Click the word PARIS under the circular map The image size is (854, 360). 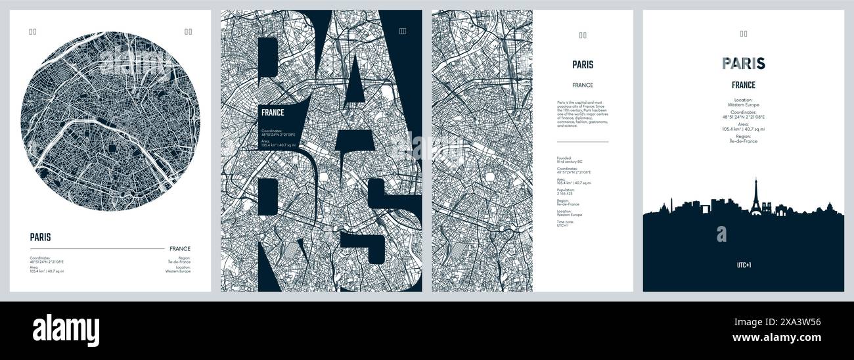pos(40,238)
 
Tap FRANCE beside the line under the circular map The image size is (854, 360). pos(179,249)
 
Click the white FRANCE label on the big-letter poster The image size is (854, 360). pos(273,112)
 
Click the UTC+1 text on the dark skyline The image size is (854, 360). pos(743,265)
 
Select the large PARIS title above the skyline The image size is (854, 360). pos(743,64)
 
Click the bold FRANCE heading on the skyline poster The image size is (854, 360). pos(743,85)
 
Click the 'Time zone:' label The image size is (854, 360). pos(566,221)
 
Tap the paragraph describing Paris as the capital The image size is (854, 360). pos(582,113)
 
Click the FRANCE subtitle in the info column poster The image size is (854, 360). pos(582,85)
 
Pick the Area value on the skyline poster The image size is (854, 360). pos(743,129)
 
